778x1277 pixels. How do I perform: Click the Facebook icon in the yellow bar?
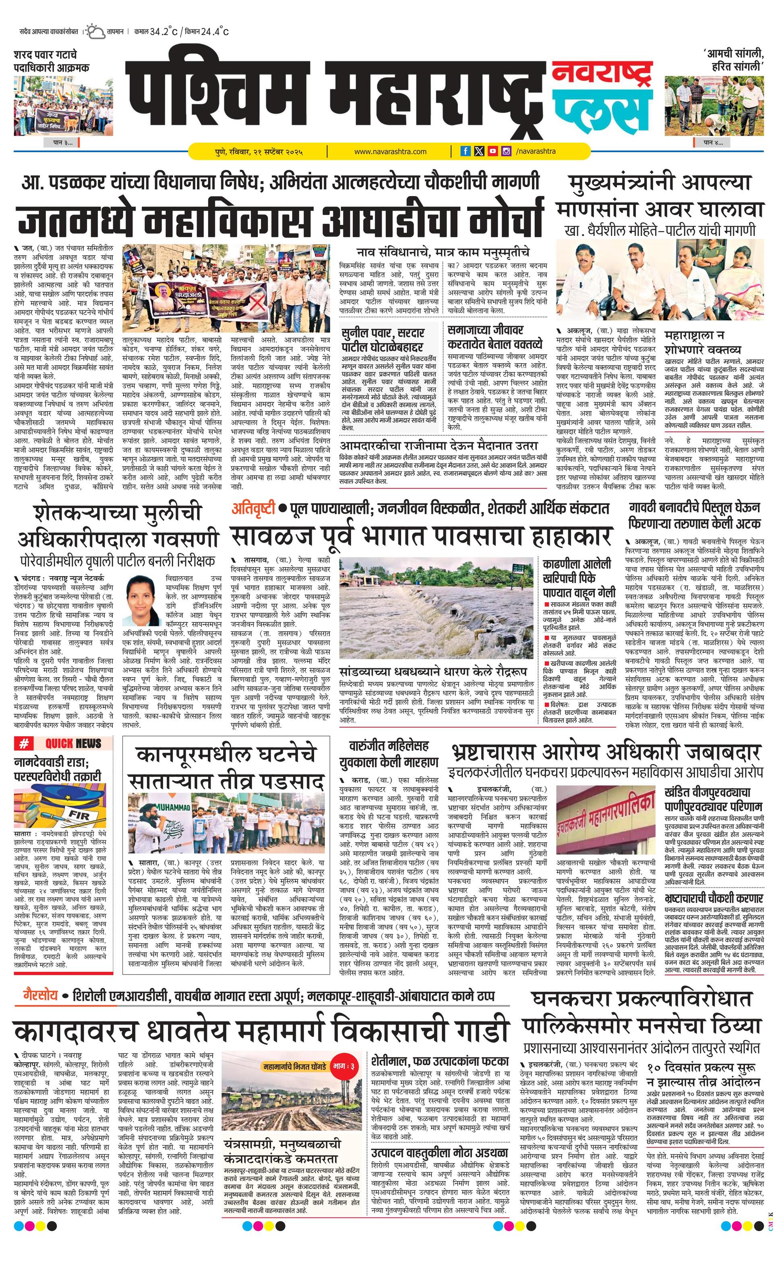466,151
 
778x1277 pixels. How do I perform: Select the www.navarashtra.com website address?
390,152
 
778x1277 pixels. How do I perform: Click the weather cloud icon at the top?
95,32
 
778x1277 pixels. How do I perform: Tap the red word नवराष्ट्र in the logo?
600,76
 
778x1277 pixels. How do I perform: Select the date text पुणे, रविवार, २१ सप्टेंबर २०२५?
259,152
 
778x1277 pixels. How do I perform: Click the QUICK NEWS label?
73,744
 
